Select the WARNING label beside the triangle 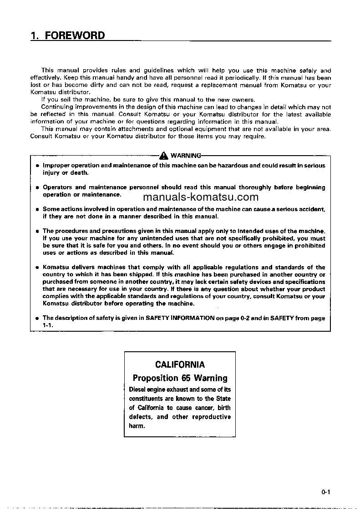click(x=184, y=156)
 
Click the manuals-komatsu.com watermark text click(x=201, y=197)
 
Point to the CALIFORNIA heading click(x=180, y=364)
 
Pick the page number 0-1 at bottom click(x=325, y=491)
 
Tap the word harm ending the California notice click(x=137, y=426)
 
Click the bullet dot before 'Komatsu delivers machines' click(x=37, y=268)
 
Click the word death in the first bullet click(x=80, y=173)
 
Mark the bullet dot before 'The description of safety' click(x=37, y=319)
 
